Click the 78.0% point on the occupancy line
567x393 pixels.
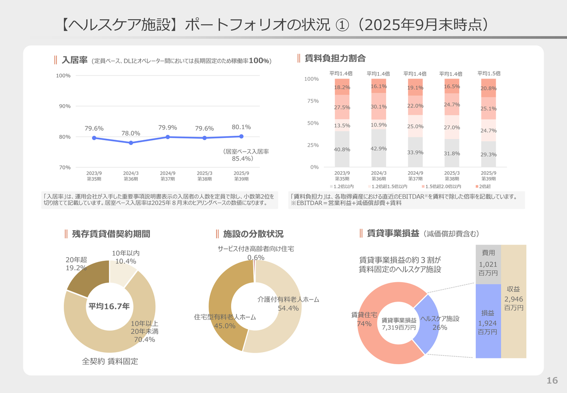pos(131,143)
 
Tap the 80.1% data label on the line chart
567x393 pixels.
pos(241,127)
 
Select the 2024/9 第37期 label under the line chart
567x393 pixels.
pos(167,176)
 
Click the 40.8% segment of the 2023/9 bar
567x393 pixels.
pos(342,149)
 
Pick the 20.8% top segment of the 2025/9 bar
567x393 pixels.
pos(489,88)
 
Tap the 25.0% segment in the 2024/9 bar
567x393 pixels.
pos(415,127)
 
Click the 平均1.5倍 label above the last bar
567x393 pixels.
pos(489,73)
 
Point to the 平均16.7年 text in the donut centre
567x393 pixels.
pos(109,306)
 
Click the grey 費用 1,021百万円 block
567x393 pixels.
pos(488,264)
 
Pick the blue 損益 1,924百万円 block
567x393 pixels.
pos(488,321)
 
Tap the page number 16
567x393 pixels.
pos(552,381)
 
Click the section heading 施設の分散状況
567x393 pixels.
pos(253,234)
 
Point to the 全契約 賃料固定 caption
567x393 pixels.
pos(110,362)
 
